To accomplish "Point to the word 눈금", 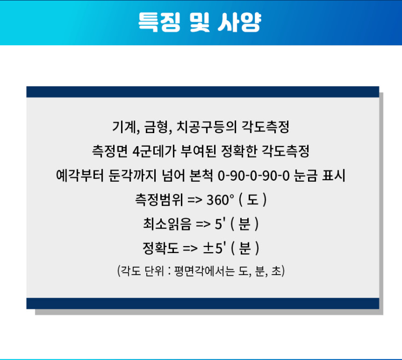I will click(304, 176).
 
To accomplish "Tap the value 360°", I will click(220, 200).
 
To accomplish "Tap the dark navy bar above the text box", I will click(203, 91).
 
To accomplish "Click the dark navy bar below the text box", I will click(203, 303).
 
